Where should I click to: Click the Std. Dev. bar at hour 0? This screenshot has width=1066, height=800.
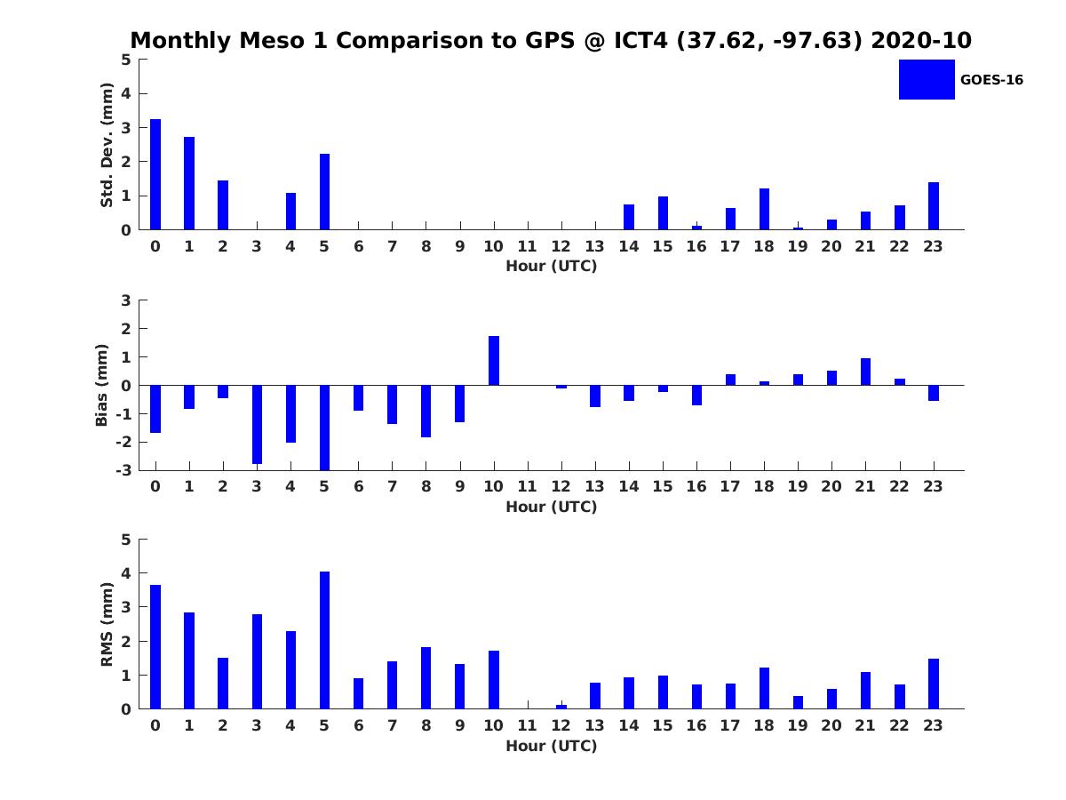155,174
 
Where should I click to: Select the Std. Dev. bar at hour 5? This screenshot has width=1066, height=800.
324,192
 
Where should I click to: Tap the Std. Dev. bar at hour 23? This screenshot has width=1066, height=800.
934,206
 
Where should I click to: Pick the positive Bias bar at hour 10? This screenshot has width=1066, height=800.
494,361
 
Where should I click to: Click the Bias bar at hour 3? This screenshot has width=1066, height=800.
257,424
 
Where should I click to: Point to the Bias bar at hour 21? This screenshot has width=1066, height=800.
865,372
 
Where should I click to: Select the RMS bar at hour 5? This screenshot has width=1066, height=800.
324,640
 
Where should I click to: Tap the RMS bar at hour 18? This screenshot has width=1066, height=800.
764,688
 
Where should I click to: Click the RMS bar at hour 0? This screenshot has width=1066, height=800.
155,646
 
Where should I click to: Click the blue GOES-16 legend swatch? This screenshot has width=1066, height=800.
927,80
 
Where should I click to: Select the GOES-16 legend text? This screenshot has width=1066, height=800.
991,80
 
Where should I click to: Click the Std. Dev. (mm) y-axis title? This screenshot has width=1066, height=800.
107,145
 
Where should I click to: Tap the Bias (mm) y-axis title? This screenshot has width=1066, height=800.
102,385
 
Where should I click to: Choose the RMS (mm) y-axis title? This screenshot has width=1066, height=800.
107,624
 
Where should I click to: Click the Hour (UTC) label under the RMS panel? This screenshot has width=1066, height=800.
551,746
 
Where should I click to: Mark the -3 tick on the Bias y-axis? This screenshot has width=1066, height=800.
125,470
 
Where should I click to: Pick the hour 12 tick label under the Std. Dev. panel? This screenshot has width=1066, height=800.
561,246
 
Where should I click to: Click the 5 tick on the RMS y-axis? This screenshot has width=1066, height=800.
126,540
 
